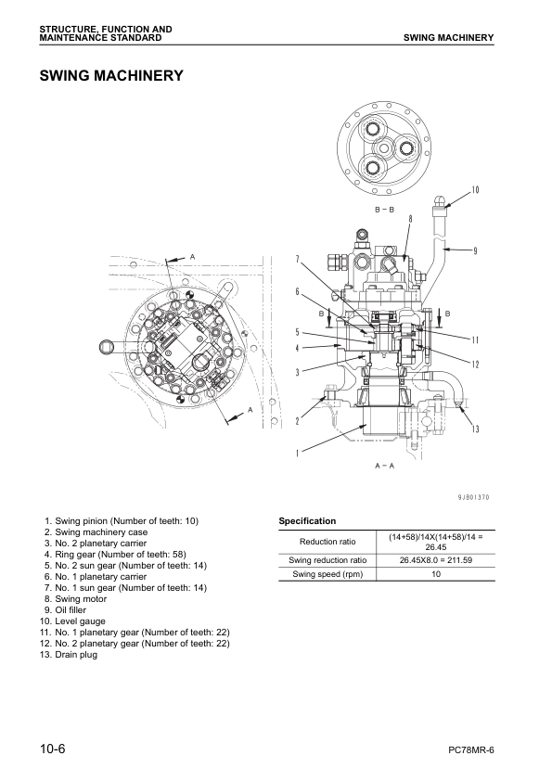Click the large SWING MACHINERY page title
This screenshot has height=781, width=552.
point(110,75)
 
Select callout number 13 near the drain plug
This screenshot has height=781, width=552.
point(475,429)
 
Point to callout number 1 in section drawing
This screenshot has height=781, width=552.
point(297,454)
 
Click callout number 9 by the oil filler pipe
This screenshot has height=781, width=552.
point(475,250)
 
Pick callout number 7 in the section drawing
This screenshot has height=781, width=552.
point(297,259)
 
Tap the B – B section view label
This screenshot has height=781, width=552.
point(385,211)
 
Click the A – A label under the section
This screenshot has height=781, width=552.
point(385,465)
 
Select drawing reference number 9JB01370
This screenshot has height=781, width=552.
point(473,498)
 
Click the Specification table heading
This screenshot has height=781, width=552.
point(308,521)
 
